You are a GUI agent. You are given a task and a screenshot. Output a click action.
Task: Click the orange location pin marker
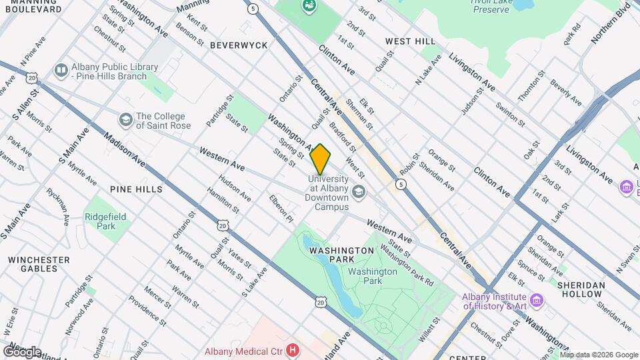[x=320, y=159]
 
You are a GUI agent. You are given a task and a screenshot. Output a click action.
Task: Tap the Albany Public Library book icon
[x=61, y=69]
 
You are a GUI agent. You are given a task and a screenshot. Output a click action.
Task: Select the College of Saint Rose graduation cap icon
[x=125, y=120]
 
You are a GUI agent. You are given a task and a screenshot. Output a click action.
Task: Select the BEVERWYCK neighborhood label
[x=239, y=45]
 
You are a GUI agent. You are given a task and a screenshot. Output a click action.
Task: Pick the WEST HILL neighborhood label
[x=410, y=41]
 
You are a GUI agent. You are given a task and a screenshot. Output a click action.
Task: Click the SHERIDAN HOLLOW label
[x=581, y=289]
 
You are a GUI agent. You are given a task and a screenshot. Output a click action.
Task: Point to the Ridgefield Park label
[x=99, y=221]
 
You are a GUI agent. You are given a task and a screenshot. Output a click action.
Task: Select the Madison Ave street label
[x=124, y=150]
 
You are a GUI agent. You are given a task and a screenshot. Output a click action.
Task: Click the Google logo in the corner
[x=22, y=351]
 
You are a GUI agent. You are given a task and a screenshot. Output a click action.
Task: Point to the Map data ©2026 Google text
[x=597, y=355]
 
